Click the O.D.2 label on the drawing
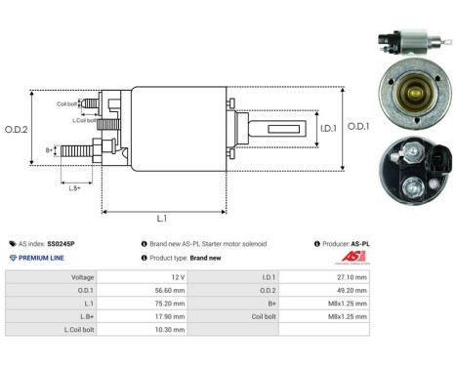tap(17, 130)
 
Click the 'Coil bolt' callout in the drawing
tap(66, 102)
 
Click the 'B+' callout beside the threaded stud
tap(50, 150)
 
